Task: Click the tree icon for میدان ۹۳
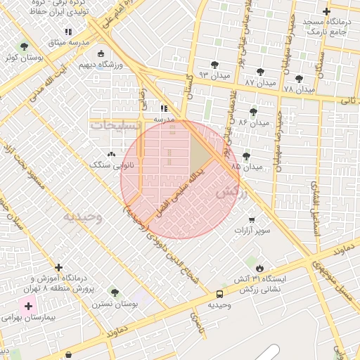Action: pos(214,64)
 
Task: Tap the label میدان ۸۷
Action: pos(259,83)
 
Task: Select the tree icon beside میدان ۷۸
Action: pos(299,79)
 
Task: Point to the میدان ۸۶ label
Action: pos(253,122)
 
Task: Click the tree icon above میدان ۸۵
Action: pos(246,156)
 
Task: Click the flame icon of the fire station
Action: pos(259,268)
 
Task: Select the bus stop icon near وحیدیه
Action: pos(220,294)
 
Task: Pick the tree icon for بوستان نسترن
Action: pos(115,292)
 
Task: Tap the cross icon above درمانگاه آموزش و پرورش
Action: pos(58,268)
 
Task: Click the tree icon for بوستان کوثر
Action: pos(25,46)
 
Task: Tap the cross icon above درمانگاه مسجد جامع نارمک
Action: pos(326,11)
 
